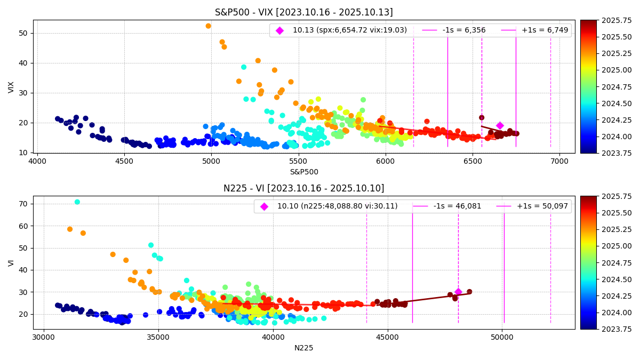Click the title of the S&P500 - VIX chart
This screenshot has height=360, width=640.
pos(303,12)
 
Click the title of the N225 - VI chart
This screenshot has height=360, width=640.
pos(303,188)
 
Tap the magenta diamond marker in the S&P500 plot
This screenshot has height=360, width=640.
pos(500,126)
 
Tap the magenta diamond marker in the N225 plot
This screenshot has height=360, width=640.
pos(458,292)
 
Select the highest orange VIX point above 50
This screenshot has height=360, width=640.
pos(208,26)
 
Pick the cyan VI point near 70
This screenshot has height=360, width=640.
pos(77,202)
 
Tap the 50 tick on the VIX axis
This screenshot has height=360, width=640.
pos(24,33)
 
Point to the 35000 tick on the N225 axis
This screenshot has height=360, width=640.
pos(158,337)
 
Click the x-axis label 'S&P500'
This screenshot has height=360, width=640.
pos(303,172)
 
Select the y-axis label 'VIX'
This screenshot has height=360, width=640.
pos(11,87)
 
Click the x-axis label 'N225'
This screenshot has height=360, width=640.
pos(303,348)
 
